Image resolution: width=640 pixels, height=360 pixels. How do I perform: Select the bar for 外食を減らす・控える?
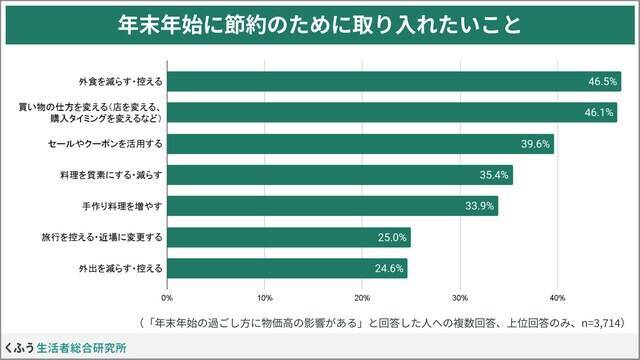coord(393,81)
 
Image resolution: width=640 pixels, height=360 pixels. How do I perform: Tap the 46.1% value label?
coord(598,113)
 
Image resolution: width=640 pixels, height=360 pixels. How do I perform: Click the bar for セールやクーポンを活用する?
coord(360,144)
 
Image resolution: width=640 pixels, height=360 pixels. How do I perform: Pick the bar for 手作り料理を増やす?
coord(332,206)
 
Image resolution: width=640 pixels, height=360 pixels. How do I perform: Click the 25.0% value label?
coord(391,238)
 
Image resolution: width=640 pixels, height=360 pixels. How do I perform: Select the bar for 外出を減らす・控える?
coord(287,268)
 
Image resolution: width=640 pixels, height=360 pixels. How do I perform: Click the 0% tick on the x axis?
coord(167,297)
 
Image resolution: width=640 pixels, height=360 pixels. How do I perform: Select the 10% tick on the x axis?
coord(265,297)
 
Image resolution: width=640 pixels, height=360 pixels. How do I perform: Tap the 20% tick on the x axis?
coord(363,297)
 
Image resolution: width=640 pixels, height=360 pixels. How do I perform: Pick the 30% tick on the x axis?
coord(460,297)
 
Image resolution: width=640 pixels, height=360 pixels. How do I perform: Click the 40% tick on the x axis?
coord(558,297)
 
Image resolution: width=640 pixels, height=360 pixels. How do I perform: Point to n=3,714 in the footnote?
coord(597,323)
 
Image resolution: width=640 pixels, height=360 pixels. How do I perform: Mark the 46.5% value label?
coord(602,81)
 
